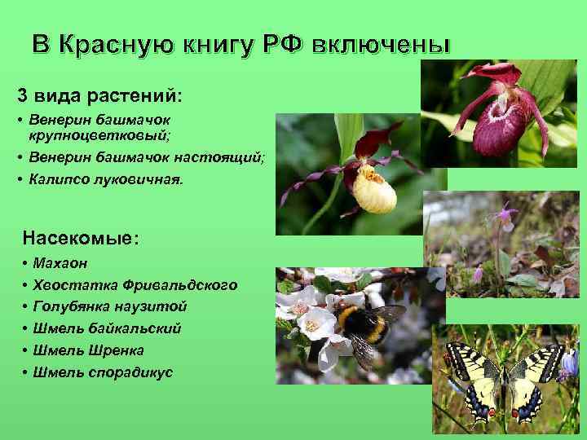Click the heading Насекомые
[x=80, y=239]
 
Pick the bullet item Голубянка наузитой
[x=110, y=306]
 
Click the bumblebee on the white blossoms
[x=363, y=326]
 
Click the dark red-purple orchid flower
[x=500, y=118]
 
